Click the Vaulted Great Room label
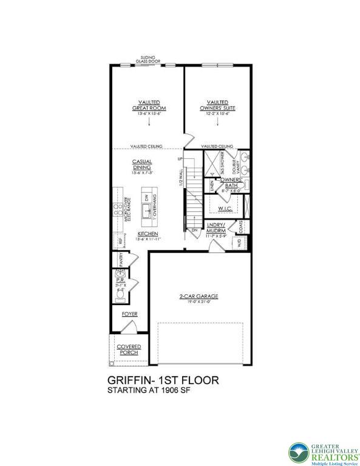pyautogui.click(x=149, y=105)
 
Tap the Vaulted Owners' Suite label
pyautogui.click(x=217, y=105)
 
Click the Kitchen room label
pyautogui.click(x=148, y=234)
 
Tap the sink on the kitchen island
pyautogui.click(x=146, y=211)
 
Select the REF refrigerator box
pyautogui.click(x=120, y=241)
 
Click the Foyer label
pyautogui.click(x=129, y=314)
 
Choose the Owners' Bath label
pyautogui.click(x=231, y=180)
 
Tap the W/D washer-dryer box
pyautogui.click(x=239, y=243)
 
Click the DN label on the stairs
pyautogui.click(x=195, y=231)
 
